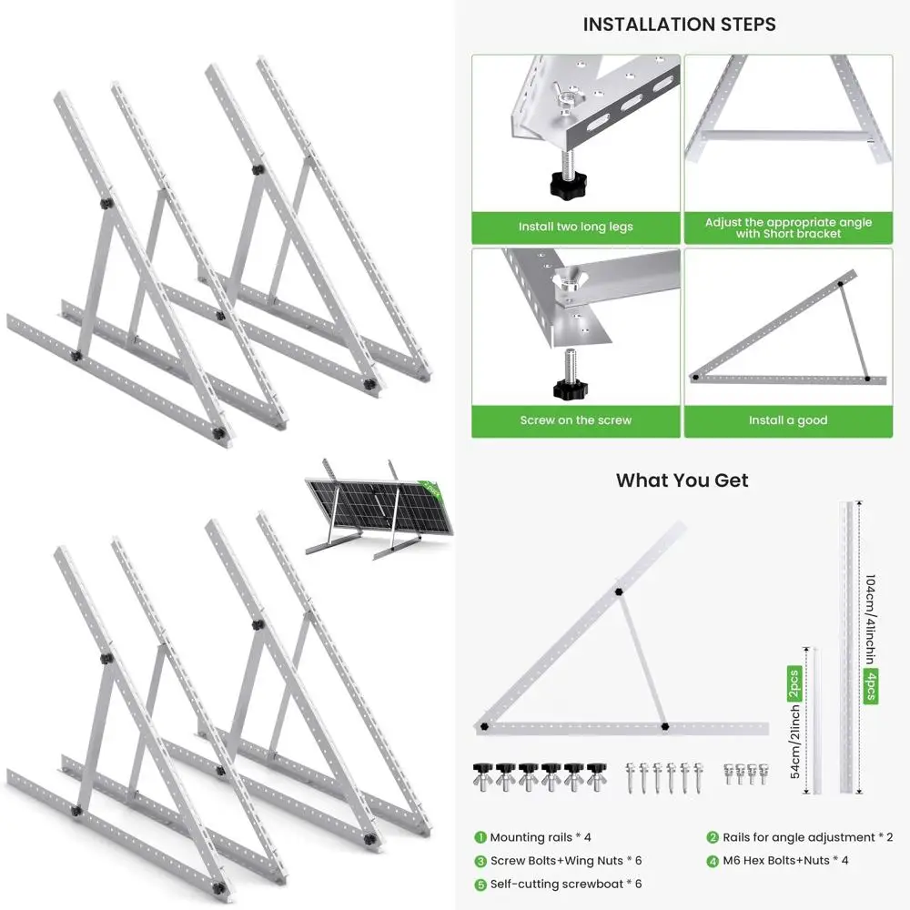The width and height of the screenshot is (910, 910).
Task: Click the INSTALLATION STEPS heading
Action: click(x=680, y=25)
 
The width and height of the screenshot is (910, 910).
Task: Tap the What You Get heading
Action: click(x=682, y=480)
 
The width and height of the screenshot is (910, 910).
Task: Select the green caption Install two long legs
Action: click(x=575, y=227)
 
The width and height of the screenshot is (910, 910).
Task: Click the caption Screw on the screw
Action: click(x=575, y=420)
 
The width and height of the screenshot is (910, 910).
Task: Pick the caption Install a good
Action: click(x=788, y=420)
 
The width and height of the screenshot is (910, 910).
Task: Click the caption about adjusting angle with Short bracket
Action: click(x=788, y=227)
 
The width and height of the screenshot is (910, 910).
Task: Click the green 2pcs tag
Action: click(x=794, y=684)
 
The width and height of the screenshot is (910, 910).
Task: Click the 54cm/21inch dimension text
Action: click(x=794, y=741)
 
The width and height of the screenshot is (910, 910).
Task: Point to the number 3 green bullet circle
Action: click(x=480, y=860)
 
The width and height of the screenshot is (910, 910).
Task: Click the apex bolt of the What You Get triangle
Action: click(x=619, y=591)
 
